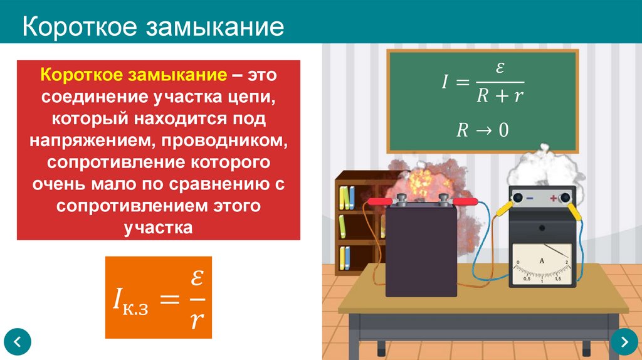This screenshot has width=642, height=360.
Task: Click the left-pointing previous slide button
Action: [x=18, y=342]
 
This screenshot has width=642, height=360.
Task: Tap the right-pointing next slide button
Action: [x=624, y=342]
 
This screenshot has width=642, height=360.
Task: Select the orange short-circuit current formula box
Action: [x=158, y=296]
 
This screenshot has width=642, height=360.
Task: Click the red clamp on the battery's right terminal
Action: [x=464, y=202]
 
